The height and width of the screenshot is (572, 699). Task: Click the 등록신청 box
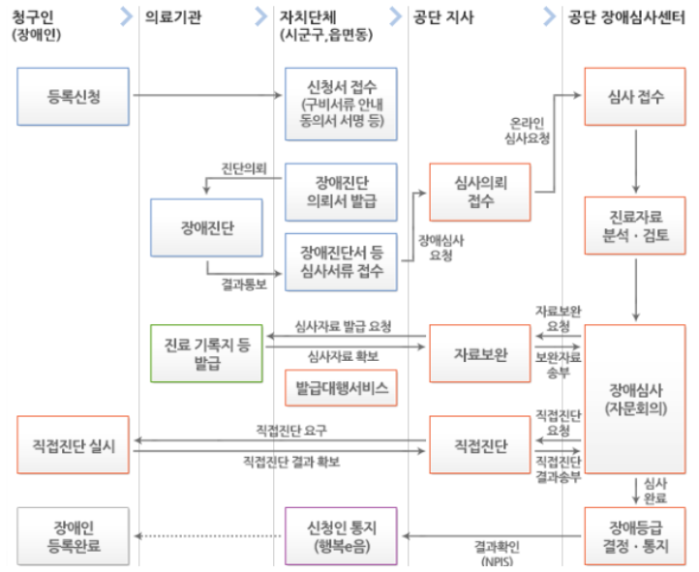[x=73, y=95]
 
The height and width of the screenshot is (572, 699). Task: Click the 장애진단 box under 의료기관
[x=207, y=228]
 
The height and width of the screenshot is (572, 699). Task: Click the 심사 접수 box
[x=634, y=95]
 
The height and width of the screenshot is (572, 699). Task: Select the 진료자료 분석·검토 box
[x=634, y=226]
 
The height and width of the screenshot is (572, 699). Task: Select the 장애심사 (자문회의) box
[x=634, y=400]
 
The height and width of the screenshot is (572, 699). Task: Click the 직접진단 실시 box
[x=73, y=446]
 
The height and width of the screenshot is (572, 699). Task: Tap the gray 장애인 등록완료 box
[x=73, y=535]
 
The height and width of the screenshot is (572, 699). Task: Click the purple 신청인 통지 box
[x=342, y=535]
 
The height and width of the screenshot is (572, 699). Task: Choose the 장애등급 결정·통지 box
[x=634, y=535]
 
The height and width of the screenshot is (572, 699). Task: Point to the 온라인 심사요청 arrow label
[x=530, y=132]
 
